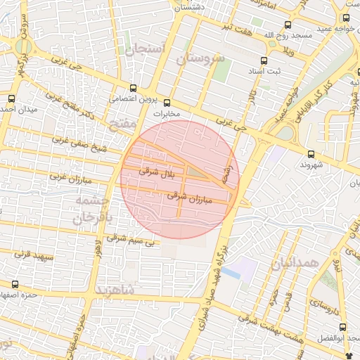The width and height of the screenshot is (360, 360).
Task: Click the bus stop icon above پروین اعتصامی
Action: click(133, 88)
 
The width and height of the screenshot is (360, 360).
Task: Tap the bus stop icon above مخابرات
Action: click(167, 103)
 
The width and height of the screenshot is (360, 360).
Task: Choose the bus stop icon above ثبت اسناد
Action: click(263, 61)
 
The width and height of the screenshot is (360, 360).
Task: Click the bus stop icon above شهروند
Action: click(311, 153)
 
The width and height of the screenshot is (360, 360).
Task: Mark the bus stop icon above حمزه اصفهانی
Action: click(15, 284)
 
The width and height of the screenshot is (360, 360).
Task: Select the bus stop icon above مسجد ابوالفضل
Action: click(342, 327)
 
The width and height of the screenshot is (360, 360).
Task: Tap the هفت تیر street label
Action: click(233, 26)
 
